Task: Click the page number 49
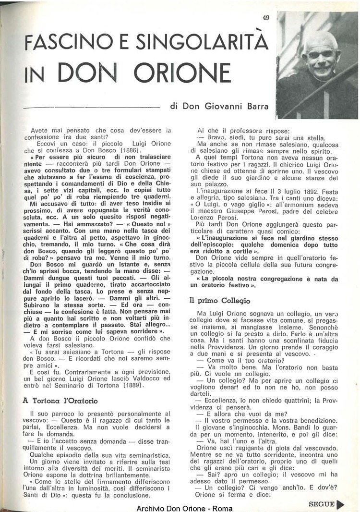pyautogui.click(x=266, y=18)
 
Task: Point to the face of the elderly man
pyautogui.click(x=320, y=55)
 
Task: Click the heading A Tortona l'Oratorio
pyautogui.click(x=60, y=400)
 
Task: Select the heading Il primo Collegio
pyautogui.click(x=219, y=301)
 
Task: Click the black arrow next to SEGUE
pyautogui.click(x=340, y=504)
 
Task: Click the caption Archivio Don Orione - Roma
pyautogui.click(x=185, y=508)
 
